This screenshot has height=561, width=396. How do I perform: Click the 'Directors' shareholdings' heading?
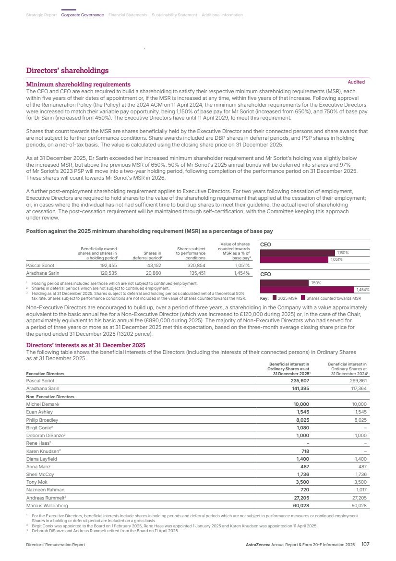[67, 71]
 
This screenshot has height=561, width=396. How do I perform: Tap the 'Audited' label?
[356, 82]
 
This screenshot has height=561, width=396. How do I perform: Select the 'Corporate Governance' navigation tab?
[83, 15]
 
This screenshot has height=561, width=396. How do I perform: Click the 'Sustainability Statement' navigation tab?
[174, 15]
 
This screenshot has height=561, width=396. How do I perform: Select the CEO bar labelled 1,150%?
[297, 252]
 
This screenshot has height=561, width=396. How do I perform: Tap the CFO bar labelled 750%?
[284, 283]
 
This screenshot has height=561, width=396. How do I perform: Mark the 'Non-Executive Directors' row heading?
[50, 397]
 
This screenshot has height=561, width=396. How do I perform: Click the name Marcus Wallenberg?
[47, 506]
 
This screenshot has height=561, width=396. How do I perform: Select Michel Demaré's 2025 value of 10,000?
[301, 404]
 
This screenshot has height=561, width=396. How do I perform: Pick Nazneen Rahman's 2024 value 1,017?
[359, 490]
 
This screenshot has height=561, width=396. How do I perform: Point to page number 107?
[365, 545]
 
